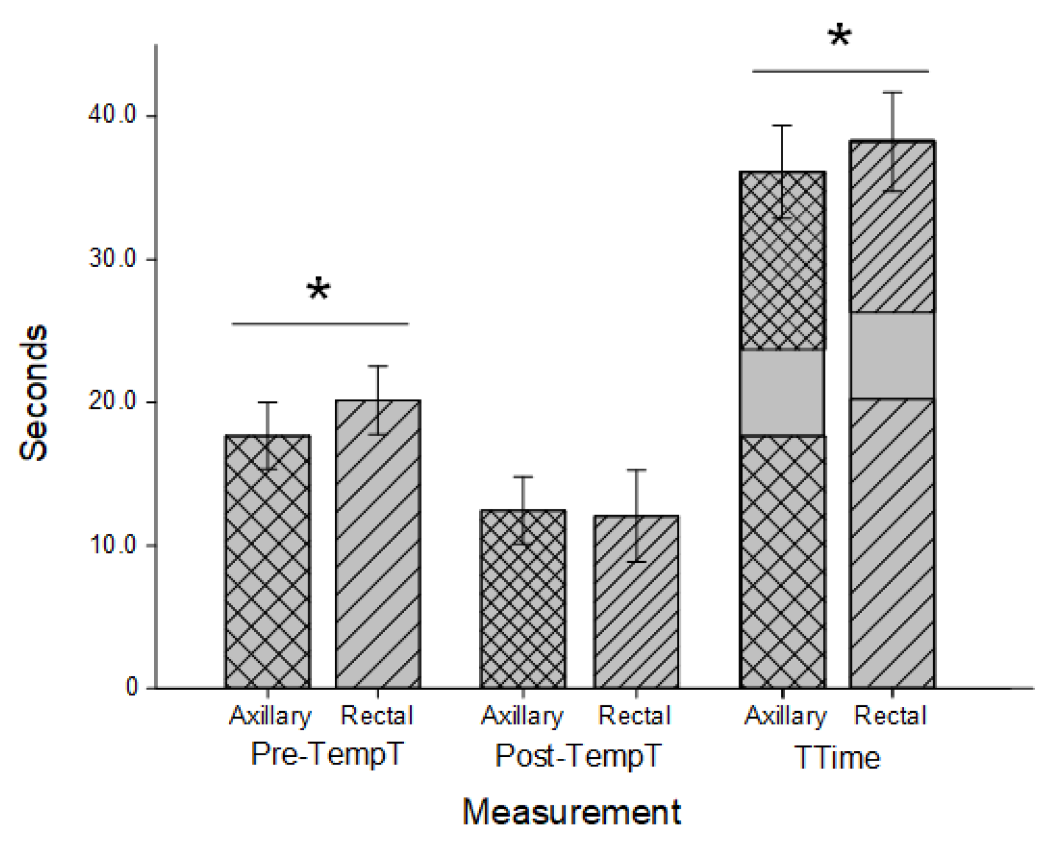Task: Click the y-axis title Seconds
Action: (x=34, y=393)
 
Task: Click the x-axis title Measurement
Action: (x=572, y=812)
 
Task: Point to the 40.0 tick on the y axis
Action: (x=112, y=115)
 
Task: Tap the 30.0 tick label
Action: (x=112, y=258)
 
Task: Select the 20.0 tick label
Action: (x=112, y=401)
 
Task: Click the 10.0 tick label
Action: (x=112, y=545)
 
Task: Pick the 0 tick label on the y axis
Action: (x=132, y=687)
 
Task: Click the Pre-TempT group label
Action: (x=327, y=755)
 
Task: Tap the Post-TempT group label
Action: (x=578, y=756)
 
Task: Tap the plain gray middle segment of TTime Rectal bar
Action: (x=892, y=355)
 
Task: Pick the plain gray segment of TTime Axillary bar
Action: (x=782, y=392)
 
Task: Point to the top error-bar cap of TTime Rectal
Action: (x=892, y=92)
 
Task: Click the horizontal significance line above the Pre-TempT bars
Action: (x=320, y=324)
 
